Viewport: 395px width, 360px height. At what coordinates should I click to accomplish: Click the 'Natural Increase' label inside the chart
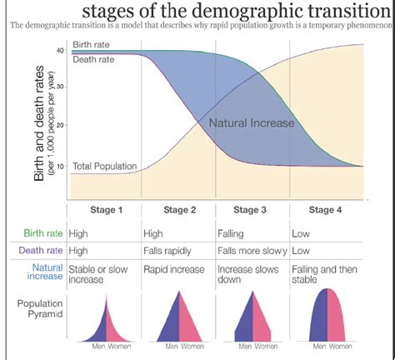[252, 123]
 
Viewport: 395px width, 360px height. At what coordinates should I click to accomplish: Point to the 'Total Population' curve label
[105, 167]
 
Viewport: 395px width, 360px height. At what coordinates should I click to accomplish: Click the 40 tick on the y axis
[60, 51]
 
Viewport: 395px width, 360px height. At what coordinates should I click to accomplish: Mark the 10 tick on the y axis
[60, 166]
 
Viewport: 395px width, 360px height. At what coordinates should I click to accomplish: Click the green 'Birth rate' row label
[46, 233]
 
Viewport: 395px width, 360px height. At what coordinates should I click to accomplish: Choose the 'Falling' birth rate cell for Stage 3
[231, 233]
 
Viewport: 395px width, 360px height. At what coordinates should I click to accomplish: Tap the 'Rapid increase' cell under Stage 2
[175, 267]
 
